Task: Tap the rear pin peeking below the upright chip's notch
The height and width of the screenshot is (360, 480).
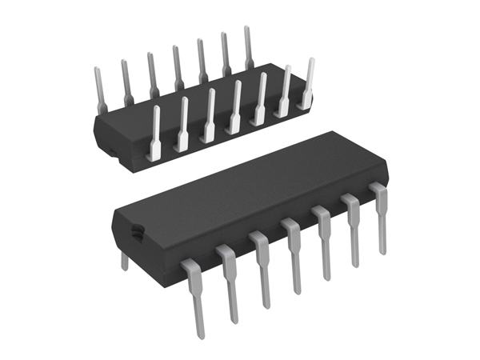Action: pyautogui.click(x=125, y=260)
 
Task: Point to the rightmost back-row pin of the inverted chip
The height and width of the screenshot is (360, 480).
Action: pyautogui.click(x=247, y=48)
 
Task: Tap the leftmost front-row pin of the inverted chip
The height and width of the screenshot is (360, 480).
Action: pyautogui.click(x=156, y=132)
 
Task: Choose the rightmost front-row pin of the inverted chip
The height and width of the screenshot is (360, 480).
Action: pyautogui.click(x=308, y=84)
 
